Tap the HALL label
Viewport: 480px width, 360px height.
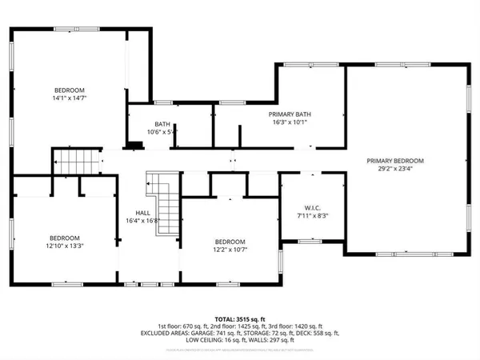[143, 213]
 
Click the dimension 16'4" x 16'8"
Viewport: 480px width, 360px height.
[143, 222]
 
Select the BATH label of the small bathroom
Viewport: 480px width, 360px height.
[162, 124]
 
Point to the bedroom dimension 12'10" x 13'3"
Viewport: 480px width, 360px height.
[64, 246]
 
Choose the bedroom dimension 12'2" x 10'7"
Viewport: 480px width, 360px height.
[230, 250]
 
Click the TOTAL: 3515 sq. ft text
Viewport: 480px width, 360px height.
[240, 319]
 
